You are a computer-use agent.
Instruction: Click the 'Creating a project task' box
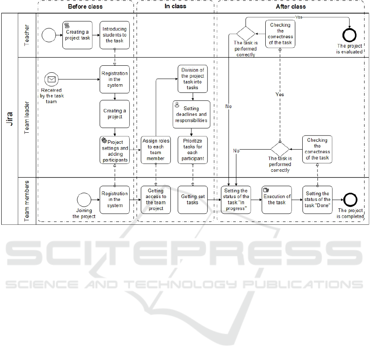pyautogui.click(x=77, y=35)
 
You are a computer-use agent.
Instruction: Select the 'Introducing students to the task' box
pyautogui.click(x=115, y=35)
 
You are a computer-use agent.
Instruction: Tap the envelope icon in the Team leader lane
pyautogui.click(x=52, y=79)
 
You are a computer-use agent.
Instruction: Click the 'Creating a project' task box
pyautogui.click(x=115, y=114)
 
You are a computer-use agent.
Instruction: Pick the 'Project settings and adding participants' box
pyautogui.click(x=115, y=150)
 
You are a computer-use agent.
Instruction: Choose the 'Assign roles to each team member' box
pyautogui.click(x=156, y=150)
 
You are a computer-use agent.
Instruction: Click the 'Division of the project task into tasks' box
pyautogui.click(x=193, y=78)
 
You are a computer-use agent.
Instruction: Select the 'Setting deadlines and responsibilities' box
pyautogui.click(x=191, y=114)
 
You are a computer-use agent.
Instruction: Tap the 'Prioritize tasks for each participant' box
pyautogui.click(x=193, y=150)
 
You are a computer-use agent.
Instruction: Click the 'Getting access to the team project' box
pyautogui.click(x=156, y=200)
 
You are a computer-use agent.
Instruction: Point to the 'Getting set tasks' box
pyautogui.click(x=193, y=200)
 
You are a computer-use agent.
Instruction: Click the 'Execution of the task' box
pyautogui.click(x=277, y=200)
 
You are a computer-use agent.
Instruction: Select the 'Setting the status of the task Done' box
pyautogui.click(x=317, y=200)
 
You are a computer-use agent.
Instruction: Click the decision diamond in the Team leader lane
pyautogui.click(x=280, y=149)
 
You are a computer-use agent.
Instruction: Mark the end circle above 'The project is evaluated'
pyautogui.click(x=349, y=35)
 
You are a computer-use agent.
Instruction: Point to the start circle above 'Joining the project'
pyautogui.click(x=84, y=200)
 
